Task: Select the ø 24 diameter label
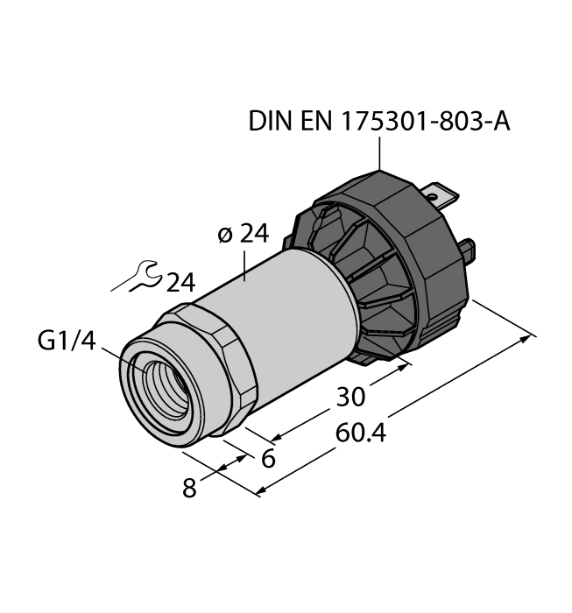coord(241,235)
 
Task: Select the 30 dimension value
coord(350,398)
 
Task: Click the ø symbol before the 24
coord(223,236)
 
